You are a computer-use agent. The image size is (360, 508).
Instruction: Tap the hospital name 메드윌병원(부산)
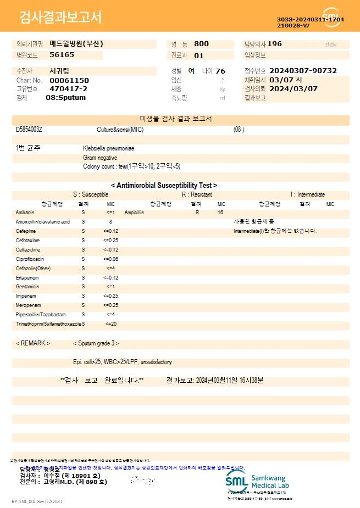(x=76, y=44)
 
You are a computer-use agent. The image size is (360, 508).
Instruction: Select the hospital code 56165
(x=62, y=55)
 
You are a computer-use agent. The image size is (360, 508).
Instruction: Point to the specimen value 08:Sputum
(x=65, y=97)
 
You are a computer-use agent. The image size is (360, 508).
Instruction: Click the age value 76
(x=220, y=71)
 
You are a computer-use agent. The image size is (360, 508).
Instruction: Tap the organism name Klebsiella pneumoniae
(x=109, y=148)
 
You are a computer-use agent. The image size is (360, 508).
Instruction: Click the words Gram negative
(x=100, y=158)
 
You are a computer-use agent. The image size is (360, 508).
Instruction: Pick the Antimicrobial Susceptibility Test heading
(x=164, y=186)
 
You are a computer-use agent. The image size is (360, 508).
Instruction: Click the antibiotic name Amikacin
(x=25, y=212)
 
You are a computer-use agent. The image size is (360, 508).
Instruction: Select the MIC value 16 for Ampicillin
(x=220, y=212)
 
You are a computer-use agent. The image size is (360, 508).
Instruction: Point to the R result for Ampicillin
(x=197, y=212)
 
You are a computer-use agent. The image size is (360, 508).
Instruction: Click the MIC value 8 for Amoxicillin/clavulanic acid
(x=110, y=221)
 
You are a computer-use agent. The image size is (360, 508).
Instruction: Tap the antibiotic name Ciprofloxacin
(x=30, y=259)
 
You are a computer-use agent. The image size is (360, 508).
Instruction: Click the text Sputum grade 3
(x=96, y=343)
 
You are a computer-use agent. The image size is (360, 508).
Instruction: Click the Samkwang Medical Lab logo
(x=257, y=482)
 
